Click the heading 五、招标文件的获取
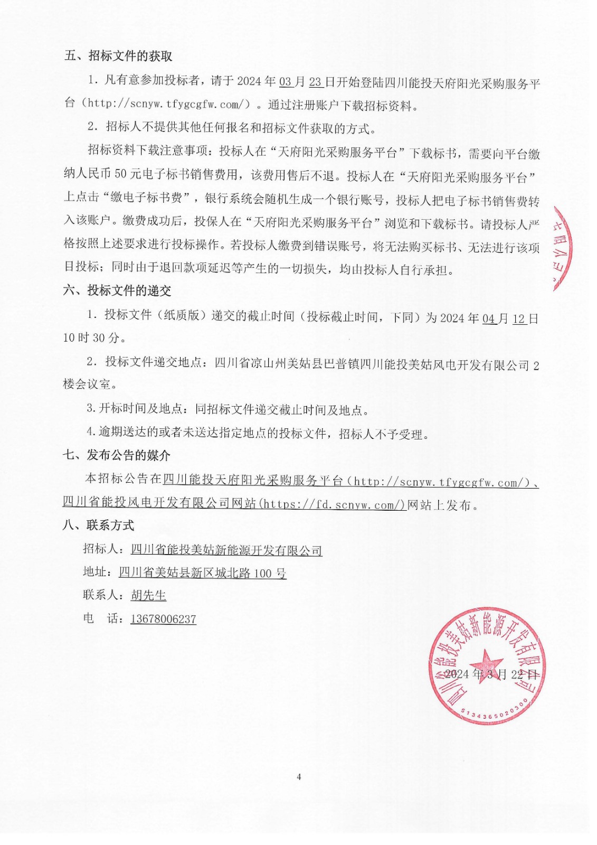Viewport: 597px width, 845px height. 118,56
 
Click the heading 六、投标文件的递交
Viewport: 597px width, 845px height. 117,290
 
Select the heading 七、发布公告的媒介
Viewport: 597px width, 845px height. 117,455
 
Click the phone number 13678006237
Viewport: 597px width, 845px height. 163,619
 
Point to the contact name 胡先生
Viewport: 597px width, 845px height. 148,596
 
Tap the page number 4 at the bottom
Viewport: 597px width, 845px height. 299,777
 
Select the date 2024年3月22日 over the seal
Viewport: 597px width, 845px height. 491,674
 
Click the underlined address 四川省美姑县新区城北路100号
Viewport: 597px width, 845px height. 202,573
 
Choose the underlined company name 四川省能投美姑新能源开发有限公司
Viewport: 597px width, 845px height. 226,550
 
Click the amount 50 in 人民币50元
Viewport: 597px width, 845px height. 120,174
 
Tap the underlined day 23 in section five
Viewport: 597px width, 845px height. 315,82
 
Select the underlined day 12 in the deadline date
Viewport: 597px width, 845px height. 519,319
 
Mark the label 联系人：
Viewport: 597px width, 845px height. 105,595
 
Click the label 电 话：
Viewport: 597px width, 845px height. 103,618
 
